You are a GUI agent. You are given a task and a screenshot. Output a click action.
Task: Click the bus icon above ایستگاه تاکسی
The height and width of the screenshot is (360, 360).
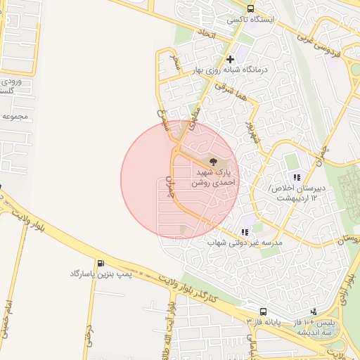click(251, 8)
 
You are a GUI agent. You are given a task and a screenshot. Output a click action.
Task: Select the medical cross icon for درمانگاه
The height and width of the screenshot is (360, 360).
click(230, 58)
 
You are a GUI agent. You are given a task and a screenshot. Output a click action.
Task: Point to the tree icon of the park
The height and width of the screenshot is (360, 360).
click(214, 162)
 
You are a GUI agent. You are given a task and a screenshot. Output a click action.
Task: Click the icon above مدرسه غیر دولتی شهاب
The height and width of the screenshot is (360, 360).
click(245, 231)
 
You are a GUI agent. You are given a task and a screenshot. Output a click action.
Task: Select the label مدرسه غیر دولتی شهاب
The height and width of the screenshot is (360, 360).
click(245, 243)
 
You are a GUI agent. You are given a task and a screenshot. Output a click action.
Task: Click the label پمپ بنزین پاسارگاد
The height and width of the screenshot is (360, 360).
click(102, 273)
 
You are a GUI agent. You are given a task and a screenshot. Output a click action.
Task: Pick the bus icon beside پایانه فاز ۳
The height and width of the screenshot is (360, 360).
click(263, 311)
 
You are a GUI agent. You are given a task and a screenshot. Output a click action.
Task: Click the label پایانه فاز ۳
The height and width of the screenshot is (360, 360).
click(263, 321)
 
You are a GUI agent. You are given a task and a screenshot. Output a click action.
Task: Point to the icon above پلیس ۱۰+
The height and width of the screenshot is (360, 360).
click(314, 311)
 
